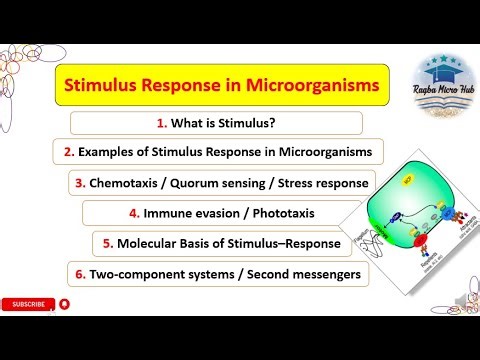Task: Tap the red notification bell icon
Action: click(x=65, y=303)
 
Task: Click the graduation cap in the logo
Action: click(x=441, y=76)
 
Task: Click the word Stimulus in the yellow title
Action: click(x=103, y=87)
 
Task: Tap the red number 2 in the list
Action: click(x=69, y=153)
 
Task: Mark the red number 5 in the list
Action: click(x=108, y=243)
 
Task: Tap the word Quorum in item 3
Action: click(x=241, y=183)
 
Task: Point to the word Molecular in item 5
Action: click(x=156, y=243)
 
